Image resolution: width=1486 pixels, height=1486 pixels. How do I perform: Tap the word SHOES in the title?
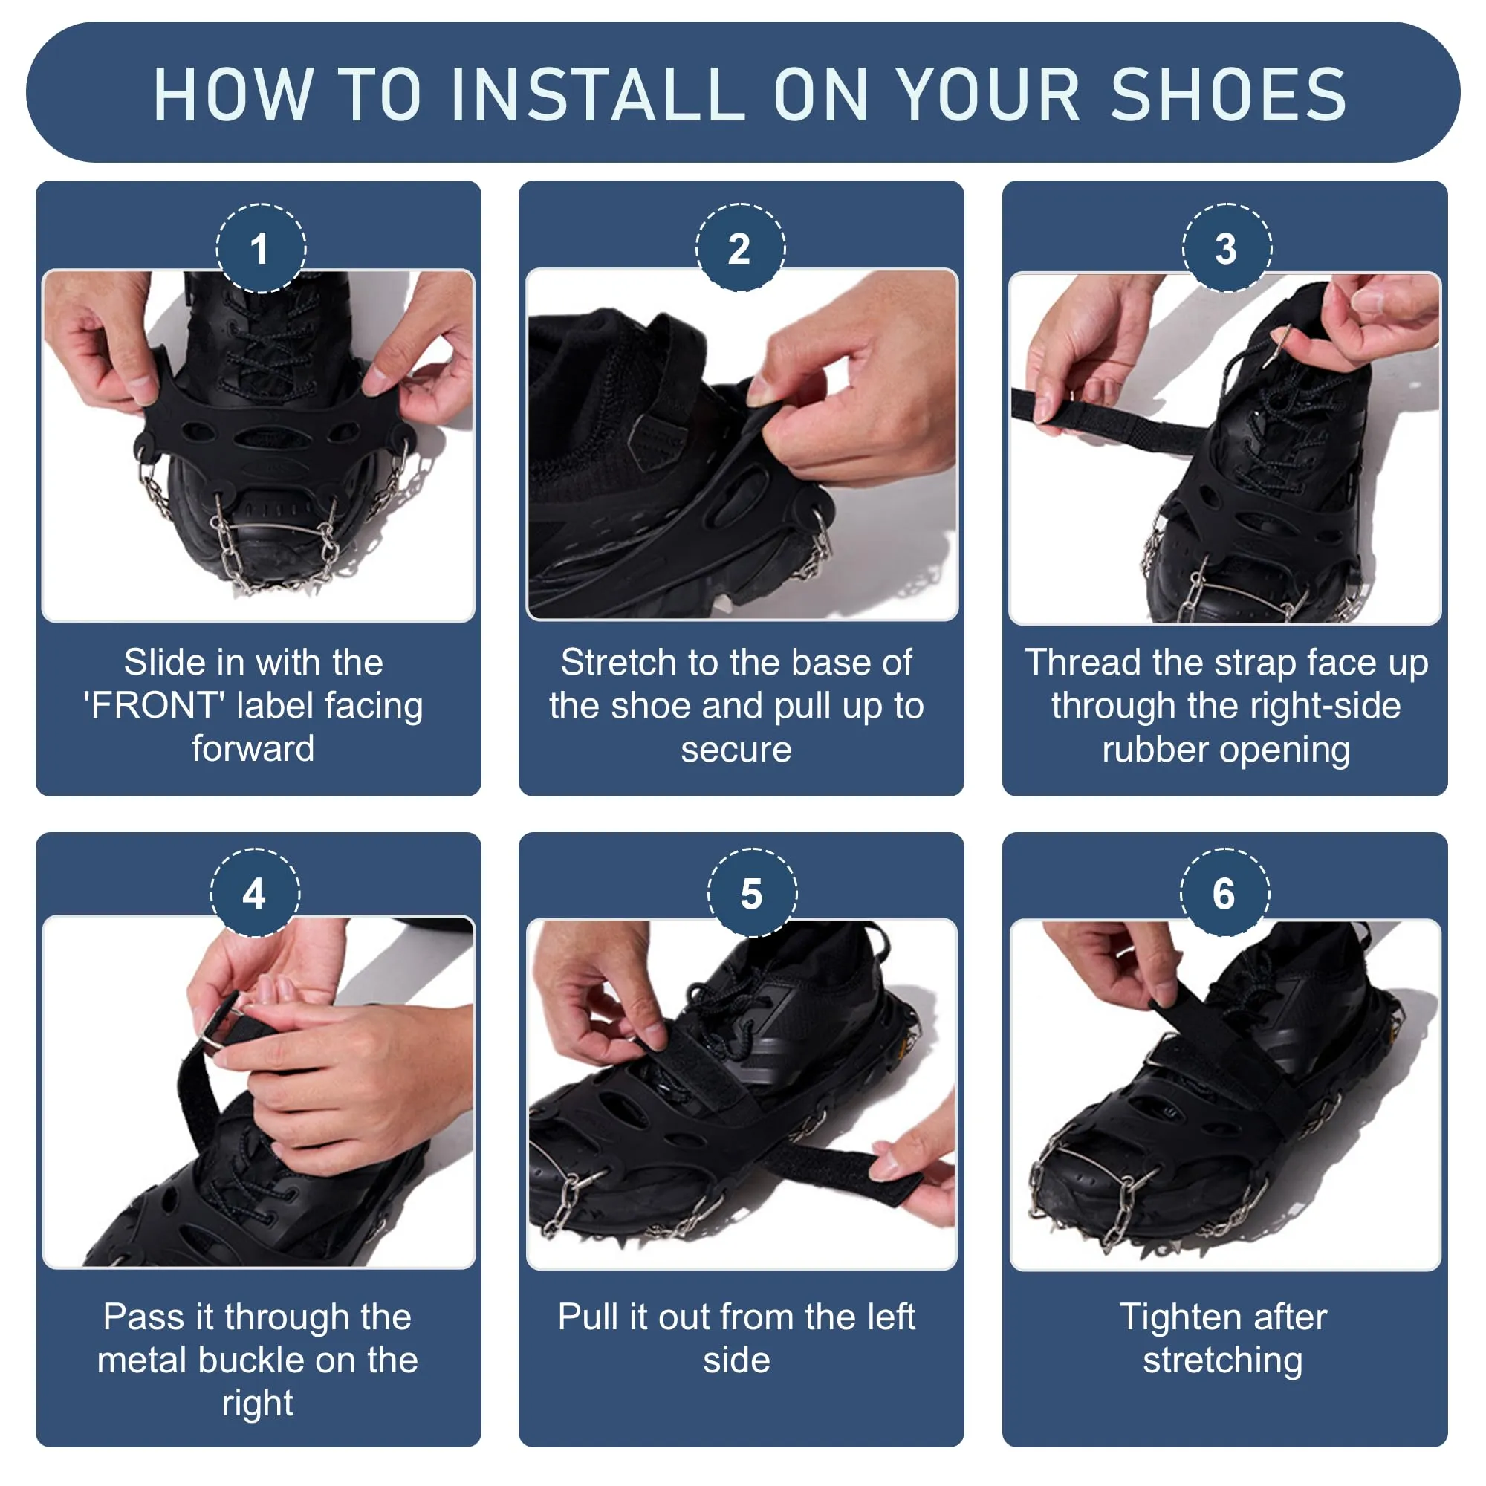click(x=1228, y=94)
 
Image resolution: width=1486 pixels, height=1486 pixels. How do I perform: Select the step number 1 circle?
click(x=261, y=248)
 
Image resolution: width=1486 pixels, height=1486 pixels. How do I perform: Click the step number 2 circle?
click(x=740, y=247)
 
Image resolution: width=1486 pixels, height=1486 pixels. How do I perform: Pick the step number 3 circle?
click(x=1227, y=247)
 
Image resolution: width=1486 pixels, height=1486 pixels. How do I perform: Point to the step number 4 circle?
click(x=255, y=893)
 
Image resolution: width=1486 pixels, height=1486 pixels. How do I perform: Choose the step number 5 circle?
click(x=752, y=893)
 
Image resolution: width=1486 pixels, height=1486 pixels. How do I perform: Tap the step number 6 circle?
click(x=1224, y=893)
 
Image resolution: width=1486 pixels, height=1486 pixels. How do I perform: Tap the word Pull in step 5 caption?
click(x=588, y=1317)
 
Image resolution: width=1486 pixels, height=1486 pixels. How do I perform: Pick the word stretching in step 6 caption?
click(x=1223, y=1360)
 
